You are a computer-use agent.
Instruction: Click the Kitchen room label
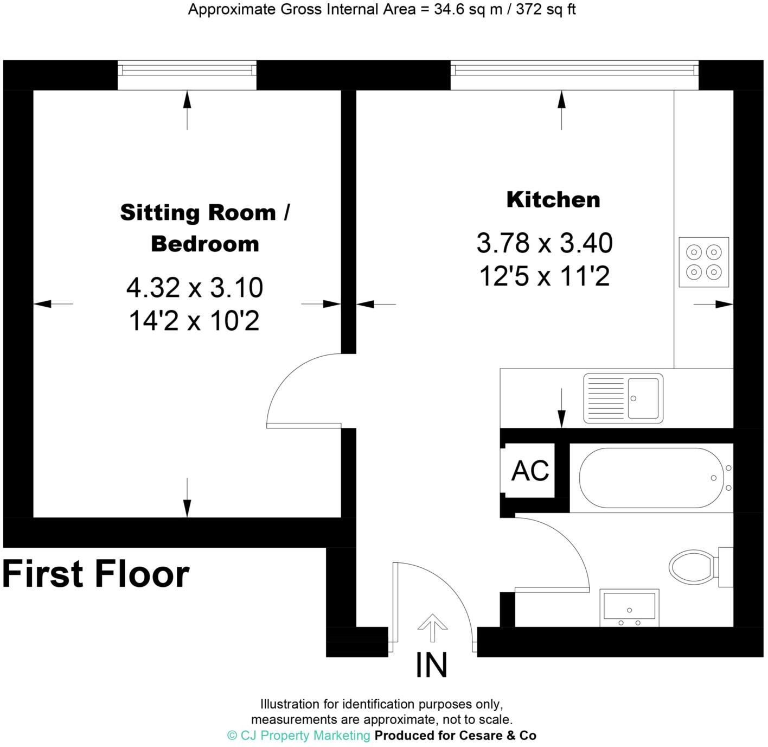[x=553, y=200]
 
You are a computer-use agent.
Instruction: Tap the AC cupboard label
[x=530, y=471]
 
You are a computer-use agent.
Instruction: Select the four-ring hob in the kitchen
[x=703, y=262]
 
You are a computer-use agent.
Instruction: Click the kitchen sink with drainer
[x=623, y=398]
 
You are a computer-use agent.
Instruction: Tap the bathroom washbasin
[x=630, y=607]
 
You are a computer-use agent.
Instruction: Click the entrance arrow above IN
[x=432, y=628]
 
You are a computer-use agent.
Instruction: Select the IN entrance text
[x=431, y=666]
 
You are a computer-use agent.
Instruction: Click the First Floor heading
[x=96, y=574]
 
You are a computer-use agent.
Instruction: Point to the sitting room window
[x=187, y=71]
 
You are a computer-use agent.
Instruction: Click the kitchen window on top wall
[x=574, y=71]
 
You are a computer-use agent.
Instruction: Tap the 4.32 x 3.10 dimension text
[x=194, y=288]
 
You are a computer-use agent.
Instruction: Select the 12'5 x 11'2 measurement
[x=544, y=276]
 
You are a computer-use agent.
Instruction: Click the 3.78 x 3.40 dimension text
[x=544, y=243]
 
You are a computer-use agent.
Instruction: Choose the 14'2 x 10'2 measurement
[x=194, y=321]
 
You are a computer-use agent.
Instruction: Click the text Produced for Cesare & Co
[x=455, y=736]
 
